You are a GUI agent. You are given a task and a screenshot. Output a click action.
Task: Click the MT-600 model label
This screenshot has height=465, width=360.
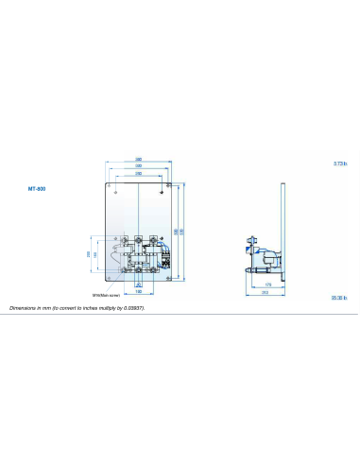[37, 188]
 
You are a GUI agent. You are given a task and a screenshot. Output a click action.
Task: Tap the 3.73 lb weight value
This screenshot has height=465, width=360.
[340, 164]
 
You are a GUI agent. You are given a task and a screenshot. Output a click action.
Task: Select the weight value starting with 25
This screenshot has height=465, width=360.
[340, 298]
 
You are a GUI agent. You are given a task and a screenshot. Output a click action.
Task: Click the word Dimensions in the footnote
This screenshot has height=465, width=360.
[24, 308]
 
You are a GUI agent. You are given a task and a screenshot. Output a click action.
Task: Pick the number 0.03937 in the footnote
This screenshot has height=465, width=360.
[133, 308]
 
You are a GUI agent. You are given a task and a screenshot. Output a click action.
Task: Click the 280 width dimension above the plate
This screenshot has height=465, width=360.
[138, 159]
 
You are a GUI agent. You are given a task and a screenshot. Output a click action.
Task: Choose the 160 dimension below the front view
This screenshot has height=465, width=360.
[138, 291]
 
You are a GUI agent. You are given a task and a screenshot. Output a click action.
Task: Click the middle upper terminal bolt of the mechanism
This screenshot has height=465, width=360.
[138, 237]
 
